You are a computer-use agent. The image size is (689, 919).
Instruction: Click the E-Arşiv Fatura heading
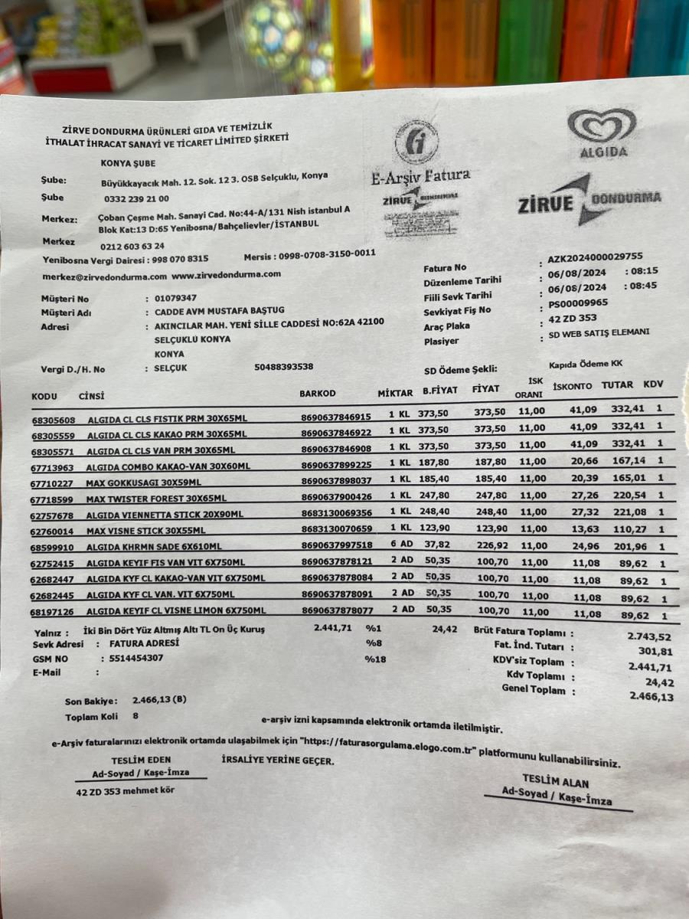coord(420,177)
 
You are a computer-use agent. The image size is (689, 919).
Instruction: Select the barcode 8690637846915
coord(336,417)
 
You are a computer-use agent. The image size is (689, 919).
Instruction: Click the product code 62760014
coord(53,530)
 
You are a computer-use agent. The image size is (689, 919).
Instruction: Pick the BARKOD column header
coord(318,393)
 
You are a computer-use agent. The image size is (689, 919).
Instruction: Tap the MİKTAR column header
coord(395,393)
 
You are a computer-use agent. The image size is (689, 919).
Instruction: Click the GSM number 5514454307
coord(132,658)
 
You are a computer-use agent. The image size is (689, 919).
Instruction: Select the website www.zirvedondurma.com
coord(226,273)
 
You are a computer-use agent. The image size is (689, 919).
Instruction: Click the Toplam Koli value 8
coord(136,716)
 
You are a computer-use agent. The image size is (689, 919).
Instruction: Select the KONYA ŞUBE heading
coord(127,162)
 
